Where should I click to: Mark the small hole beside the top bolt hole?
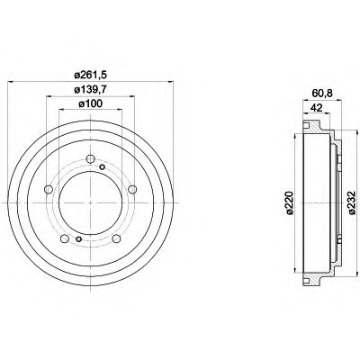point(103,168)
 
